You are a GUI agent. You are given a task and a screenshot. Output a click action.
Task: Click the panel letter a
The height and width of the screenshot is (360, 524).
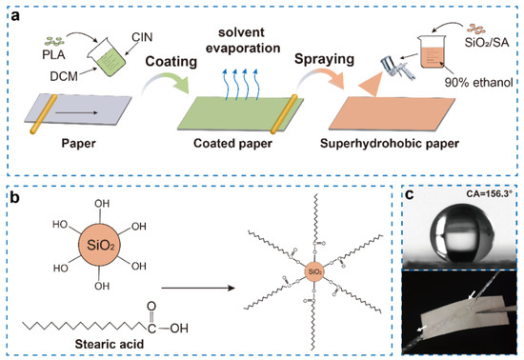[x=12, y=13]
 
